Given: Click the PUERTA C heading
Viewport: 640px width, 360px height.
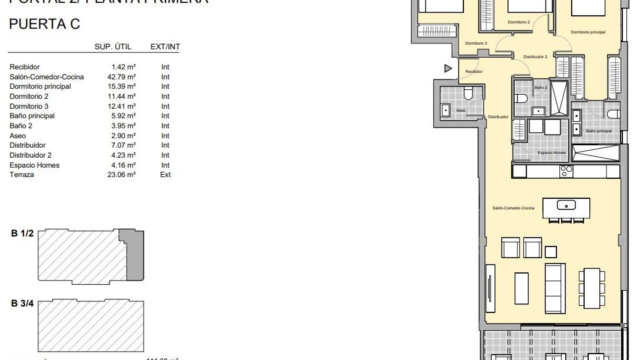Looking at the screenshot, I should tap(44, 24).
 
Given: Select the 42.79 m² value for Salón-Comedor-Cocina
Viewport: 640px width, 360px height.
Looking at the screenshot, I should tap(121, 77).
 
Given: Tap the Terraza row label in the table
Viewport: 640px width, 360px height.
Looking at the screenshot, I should tap(22, 175).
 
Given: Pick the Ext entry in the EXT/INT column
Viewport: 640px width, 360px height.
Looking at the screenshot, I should tap(165, 175).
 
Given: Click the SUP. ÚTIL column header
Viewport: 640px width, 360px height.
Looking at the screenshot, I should tap(113, 47).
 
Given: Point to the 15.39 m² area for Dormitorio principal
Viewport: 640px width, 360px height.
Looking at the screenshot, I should tap(121, 86).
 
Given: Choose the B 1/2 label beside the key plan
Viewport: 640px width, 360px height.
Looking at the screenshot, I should tap(22, 233).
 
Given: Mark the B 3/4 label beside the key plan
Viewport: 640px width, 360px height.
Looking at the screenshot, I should tap(22, 303).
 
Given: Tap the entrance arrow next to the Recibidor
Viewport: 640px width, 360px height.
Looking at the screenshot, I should tap(448, 68).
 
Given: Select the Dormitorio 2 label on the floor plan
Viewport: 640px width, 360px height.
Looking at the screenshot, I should tap(519, 22).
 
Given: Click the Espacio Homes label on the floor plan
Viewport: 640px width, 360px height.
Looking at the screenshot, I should tap(552, 153).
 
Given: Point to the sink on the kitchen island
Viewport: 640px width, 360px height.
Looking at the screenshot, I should tap(566, 205).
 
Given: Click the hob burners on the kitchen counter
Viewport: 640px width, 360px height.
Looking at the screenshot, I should tap(566, 171).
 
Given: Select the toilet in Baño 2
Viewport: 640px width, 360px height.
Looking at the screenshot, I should tap(520, 98).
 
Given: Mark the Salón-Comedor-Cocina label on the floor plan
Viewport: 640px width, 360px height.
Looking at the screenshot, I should tap(513, 208).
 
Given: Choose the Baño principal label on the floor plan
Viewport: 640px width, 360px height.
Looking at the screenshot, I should tap(599, 131).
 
